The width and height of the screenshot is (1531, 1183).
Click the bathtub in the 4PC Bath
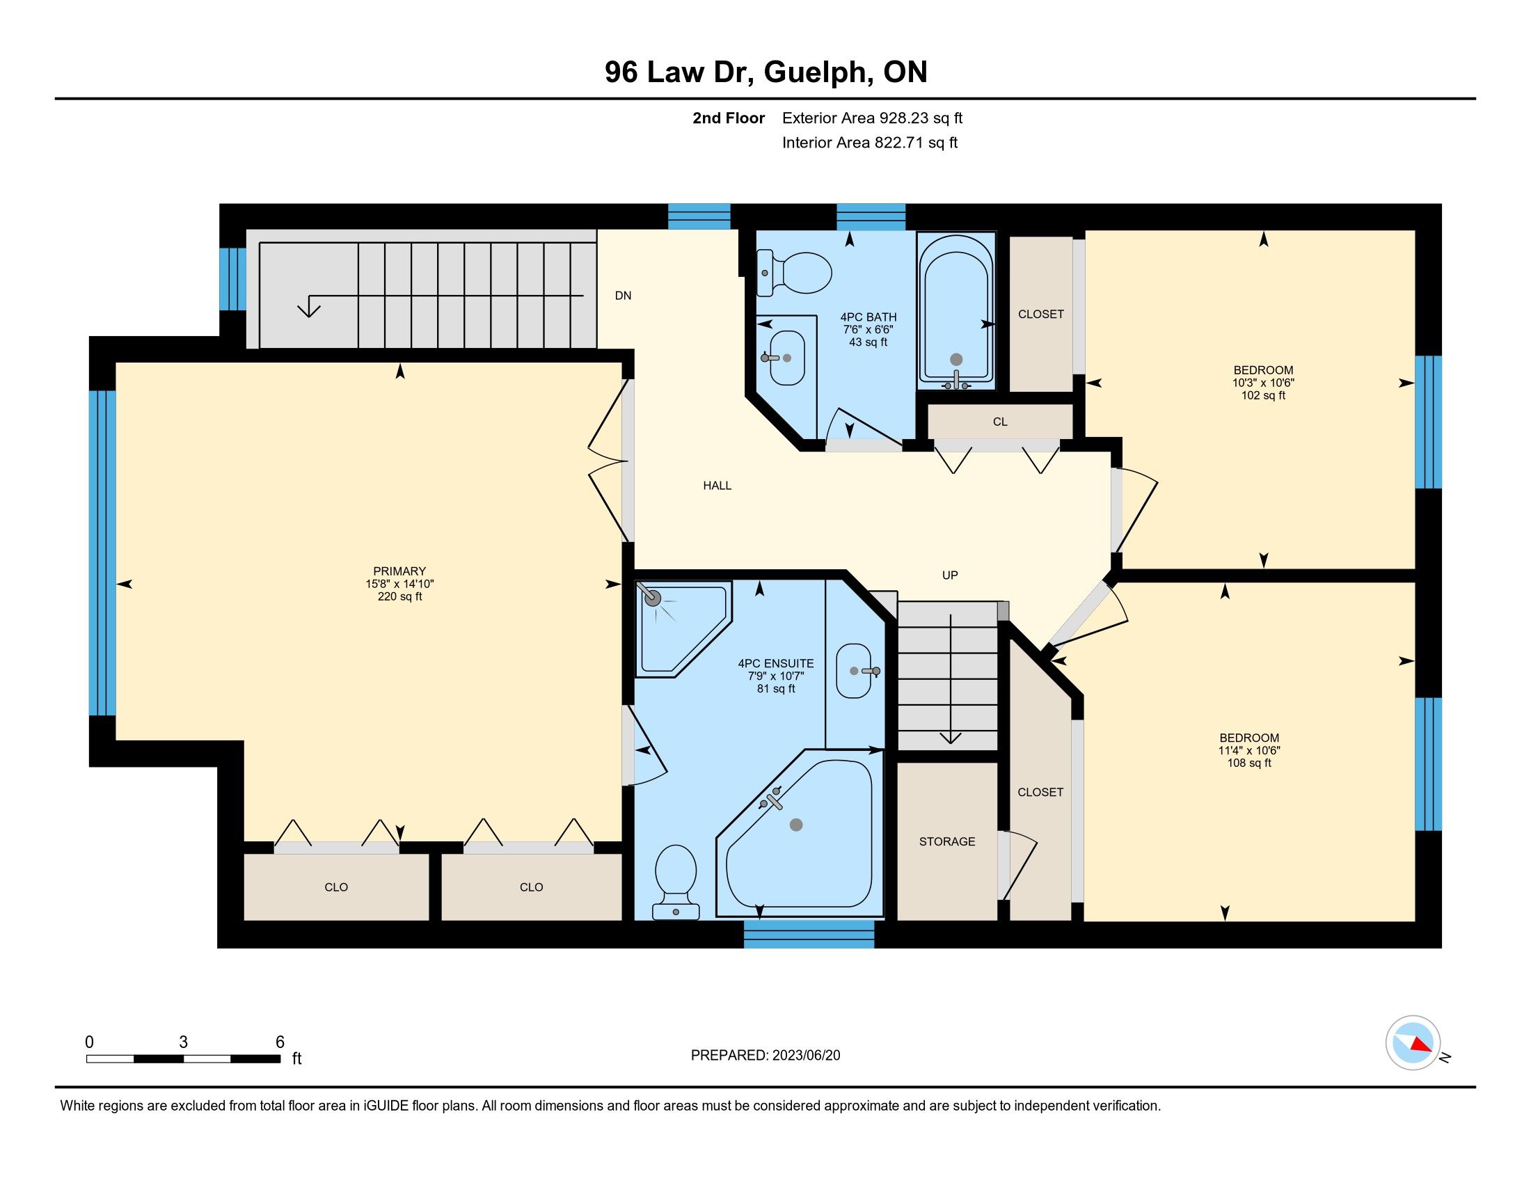(x=956, y=311)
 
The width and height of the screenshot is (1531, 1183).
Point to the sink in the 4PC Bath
(x=786, y=358)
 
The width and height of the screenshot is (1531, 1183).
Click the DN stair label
(x=624, y=296)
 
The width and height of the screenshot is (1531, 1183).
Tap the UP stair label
(x=950, y=575)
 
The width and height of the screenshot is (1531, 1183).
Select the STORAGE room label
(x=947, y=841)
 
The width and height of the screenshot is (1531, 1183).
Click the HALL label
(x=717, y=485)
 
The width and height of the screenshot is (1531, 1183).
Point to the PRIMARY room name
(x=399, y=571)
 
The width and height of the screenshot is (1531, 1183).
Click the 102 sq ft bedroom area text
(x=1263, y=395)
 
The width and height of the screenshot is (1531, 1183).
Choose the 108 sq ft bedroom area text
(x=1248, y=763)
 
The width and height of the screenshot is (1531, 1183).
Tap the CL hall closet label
(x=1000, y=422)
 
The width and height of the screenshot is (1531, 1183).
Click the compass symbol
(x=1413, y=1042)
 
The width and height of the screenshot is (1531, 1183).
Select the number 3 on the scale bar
(x=183, y=1042)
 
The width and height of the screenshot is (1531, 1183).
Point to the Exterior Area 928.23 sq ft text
(x=872, y=118)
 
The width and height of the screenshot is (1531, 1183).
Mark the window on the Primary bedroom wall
(x=102, y=553)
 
